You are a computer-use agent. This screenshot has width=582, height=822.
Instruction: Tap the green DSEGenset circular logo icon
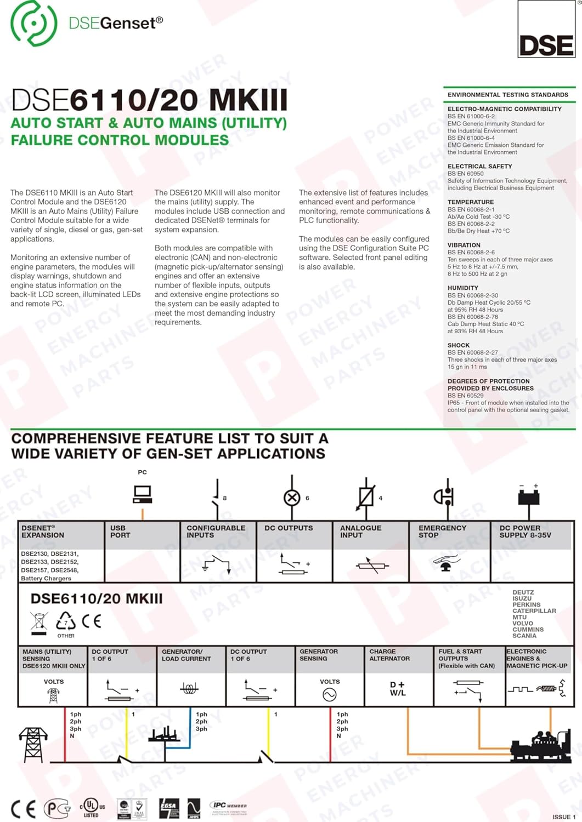tap(33, 23)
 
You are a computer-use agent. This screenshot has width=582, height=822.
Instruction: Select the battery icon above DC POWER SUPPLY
tap(529, 495)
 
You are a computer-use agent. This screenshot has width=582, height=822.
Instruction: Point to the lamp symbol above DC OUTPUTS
tap(292, 498)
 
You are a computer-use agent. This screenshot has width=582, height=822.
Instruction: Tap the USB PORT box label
tap(120, 532)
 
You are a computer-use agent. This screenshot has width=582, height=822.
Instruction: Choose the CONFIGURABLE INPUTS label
tap(216, 532)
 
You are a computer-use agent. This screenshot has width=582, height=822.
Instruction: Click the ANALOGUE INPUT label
tap(360, 532)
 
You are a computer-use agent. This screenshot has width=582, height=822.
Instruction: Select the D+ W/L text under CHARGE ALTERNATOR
tap(398, 689)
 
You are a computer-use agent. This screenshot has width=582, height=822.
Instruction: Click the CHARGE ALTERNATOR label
tap(389, 655)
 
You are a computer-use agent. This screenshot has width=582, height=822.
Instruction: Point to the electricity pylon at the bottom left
tap(33, 745)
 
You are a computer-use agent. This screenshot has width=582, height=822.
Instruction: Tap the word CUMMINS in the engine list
tap(528, 630)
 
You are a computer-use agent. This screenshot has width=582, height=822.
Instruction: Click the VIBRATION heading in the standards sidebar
tap(464, 245)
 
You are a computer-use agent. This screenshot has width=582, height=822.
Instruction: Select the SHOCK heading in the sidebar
tap(459, 345)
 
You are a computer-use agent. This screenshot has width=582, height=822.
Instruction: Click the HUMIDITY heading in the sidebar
tap(463, 288)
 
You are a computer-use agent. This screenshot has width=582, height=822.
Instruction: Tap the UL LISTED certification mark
tap(92, 808)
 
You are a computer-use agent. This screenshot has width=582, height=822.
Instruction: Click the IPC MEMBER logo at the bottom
tap(229, 806)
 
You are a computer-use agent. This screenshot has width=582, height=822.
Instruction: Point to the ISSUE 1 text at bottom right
tap(564, 817)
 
